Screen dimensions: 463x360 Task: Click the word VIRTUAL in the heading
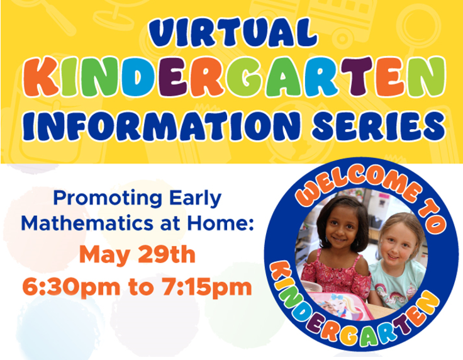pyautogui.click(x=233, y=33)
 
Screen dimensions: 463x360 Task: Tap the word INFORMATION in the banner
pyautogui.click(x=161, y=126)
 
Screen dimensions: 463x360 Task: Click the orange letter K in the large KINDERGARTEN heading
pyautogui.click(x=41, y=77)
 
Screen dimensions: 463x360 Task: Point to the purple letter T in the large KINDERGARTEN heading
pyautogui.click(x=358, y=77)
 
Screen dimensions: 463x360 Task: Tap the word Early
pyautogui.click(x=195, y=199)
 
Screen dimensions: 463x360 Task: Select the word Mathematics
pyautogui.click(x=87, y=223)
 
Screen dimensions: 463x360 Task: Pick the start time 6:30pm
pyautogui.click(x=71, y=287)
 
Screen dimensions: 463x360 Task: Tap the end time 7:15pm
pyautogui.click(x=207, y=287)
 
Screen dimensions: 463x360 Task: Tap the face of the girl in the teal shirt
pyautogui.click(x=396, y=245)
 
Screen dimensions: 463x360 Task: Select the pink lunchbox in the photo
pyautogui.click(x=339, y=306)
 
